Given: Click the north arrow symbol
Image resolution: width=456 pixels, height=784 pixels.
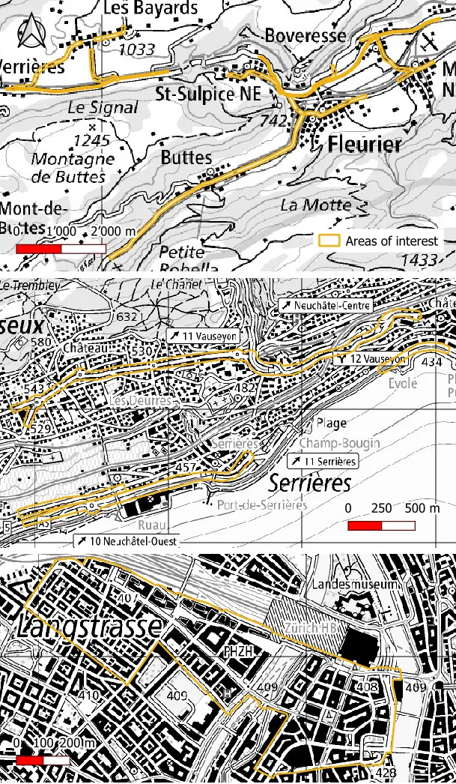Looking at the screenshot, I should point(31,32).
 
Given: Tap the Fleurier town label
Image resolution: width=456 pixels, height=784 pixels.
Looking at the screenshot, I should point(365,144).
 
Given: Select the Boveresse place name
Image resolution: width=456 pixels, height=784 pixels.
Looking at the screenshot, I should point(305,35).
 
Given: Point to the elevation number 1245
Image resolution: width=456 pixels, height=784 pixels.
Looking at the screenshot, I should point(91,140).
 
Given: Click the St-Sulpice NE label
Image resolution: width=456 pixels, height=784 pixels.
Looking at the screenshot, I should point(208,94).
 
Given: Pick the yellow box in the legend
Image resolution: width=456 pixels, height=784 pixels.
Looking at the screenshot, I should point(329,241).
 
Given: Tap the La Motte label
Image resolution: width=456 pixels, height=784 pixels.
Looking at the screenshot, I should point(315,205).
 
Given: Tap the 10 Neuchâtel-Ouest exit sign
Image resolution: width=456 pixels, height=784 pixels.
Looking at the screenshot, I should point(125,540).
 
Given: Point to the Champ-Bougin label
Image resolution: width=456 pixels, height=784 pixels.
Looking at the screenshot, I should point(340,442).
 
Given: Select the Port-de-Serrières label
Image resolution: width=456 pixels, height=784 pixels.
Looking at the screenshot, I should point(262,504).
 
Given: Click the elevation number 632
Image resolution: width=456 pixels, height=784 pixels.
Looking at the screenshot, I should point(128,317).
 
